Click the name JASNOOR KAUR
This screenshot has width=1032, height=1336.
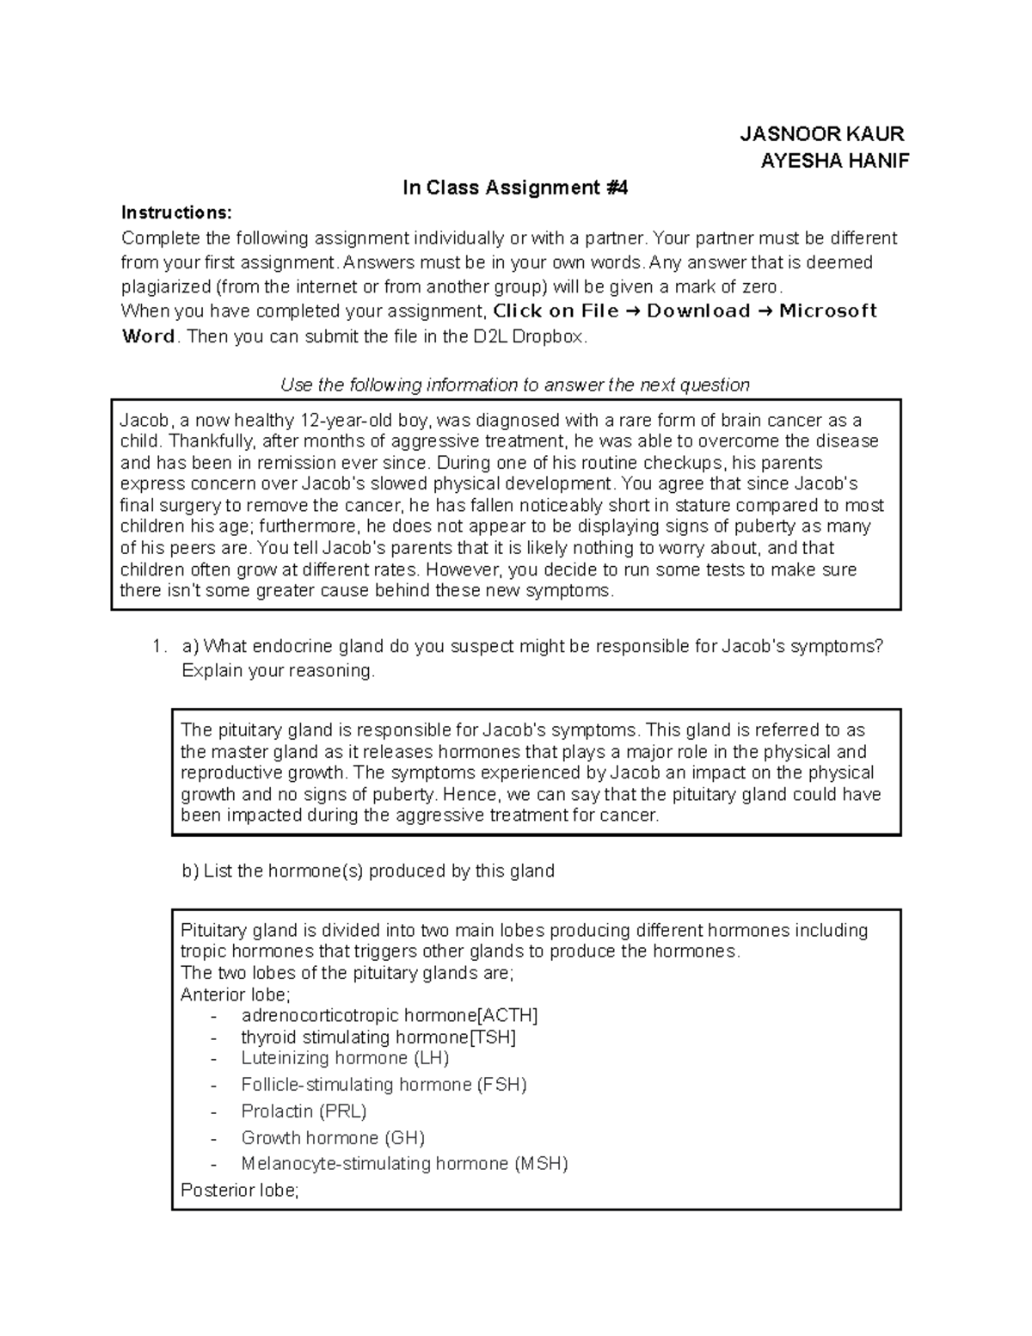click(822, 134)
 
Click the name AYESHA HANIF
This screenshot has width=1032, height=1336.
click(834, 161)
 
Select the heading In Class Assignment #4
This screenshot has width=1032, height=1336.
click(515, 188)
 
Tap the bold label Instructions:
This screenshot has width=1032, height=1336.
click(176, 212)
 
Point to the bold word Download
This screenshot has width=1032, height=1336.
click(698, 311)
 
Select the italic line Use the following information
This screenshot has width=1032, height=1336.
click(515, 385)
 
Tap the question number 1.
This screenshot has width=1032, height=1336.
click(157, 647)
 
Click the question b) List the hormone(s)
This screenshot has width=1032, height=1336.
click(368, 871)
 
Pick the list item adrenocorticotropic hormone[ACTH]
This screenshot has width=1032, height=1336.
click(389, 1015)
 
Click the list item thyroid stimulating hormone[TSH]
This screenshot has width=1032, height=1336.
click(378, 1037)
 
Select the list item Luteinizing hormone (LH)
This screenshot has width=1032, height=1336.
click(345, 1058)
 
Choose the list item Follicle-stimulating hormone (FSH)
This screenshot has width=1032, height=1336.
click(384, 1085)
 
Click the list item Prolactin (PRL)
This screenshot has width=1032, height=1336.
click(304, 1111)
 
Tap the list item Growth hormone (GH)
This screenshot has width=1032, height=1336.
click(333, 1138)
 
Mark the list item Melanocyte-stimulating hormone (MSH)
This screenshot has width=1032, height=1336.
click(404, 1164)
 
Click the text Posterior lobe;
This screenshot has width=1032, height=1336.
click(240, 1191)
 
